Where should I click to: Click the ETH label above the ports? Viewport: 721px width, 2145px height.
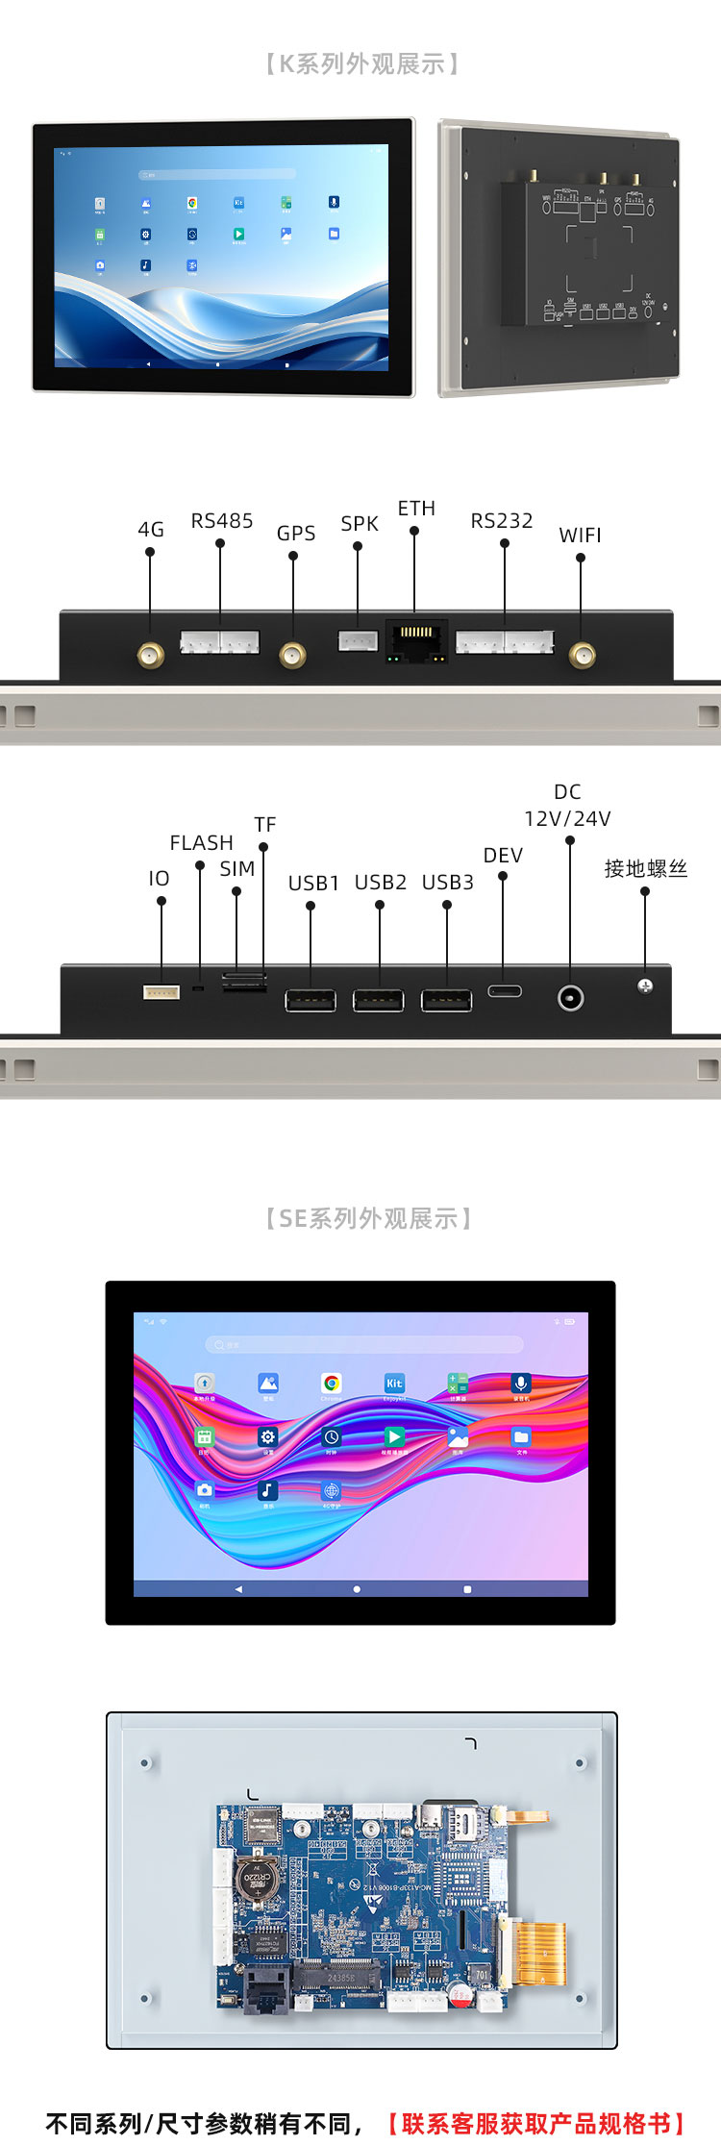[416, 509]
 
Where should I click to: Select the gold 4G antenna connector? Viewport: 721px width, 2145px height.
[150, 656]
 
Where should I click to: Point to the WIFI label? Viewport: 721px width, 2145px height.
[580, 536]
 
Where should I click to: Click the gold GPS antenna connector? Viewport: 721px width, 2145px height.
[292, 656]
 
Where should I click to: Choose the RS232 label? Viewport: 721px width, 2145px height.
[501, 521]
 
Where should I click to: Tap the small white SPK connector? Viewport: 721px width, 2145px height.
[358, 640]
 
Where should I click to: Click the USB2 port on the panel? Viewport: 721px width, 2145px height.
[378, 1001]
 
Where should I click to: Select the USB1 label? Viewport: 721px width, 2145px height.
[313, 883]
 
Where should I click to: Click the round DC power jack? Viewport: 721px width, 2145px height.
[570, 998]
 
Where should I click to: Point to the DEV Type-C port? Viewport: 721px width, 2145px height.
[504, 990]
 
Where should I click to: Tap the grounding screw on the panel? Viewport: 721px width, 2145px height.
[645, 985]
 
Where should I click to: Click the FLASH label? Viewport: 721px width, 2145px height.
[201, 843]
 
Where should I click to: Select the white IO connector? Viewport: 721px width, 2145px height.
[161, 992]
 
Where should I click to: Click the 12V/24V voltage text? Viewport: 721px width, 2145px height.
[567, 818]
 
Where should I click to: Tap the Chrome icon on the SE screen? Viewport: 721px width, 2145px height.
[332, 1384]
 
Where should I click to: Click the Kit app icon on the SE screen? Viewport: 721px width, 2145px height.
[394, 1384]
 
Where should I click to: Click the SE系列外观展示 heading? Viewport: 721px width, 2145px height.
[369, 1219]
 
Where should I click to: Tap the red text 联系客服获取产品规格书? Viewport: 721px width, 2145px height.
[536, 2123]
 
